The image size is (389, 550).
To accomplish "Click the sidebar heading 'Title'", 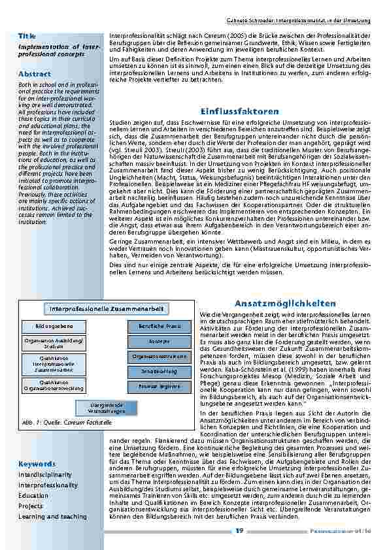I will click(x=27, y=35).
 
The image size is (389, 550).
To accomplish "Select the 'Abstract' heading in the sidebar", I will click(x=35, y=74).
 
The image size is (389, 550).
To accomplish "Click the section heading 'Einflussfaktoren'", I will click(x=240, y=111).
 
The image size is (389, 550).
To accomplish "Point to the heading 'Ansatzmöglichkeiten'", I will click(x=284, y=304).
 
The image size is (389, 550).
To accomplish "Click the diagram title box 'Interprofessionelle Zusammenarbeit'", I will click(x=106, y=308).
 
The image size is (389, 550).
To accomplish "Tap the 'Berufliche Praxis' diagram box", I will click(x=155, y=326).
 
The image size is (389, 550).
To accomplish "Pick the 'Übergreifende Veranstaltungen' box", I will click(x=107, y=408).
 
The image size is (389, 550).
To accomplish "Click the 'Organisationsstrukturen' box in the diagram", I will click(x=155, y=357).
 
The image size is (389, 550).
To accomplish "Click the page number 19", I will click(x=240, y=530).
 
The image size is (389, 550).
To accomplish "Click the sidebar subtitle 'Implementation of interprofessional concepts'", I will click(x=59, y=50).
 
